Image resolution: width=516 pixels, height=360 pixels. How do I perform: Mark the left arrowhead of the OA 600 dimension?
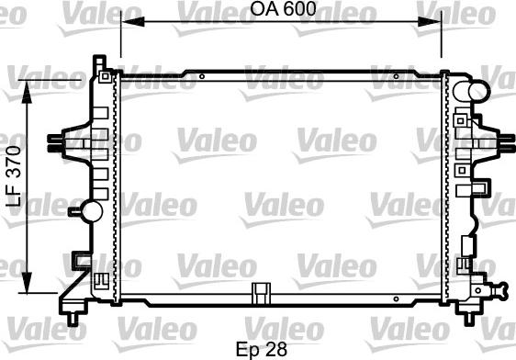[125, 24]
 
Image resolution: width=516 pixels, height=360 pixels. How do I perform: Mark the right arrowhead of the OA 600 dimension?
[437, 24]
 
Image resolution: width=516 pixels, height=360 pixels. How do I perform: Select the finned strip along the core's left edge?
[116, 188]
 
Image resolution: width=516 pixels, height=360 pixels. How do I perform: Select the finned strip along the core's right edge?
[446, 188]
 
